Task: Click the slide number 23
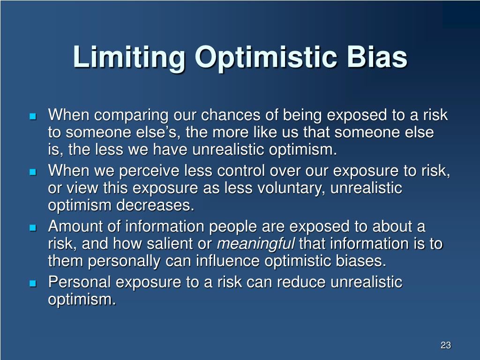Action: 445,345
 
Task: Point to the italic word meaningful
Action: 255,244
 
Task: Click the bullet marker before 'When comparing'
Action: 32,116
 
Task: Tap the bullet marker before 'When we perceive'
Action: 32,172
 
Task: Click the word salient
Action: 183,244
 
